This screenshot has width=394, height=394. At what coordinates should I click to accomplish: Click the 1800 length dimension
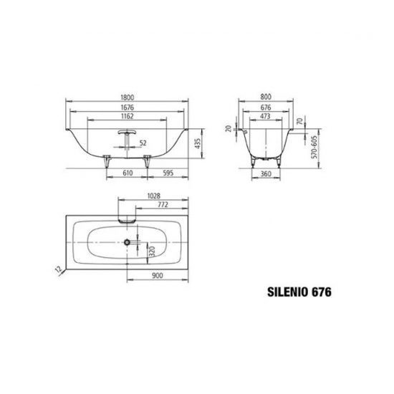point(127,97)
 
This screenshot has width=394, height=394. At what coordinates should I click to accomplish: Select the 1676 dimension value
point(127,107)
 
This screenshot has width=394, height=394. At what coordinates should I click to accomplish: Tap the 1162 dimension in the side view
point(127,116)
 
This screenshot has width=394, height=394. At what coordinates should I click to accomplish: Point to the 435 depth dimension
point(198,143)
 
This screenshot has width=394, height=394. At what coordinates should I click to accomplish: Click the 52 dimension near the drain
point(143,143)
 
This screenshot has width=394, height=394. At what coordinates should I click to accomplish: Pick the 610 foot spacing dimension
point(128,173)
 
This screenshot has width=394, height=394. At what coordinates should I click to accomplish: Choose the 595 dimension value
point(168,173)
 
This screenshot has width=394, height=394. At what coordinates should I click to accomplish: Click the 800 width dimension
point(266,97)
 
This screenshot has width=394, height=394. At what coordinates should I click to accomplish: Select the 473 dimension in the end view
point(265,116)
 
